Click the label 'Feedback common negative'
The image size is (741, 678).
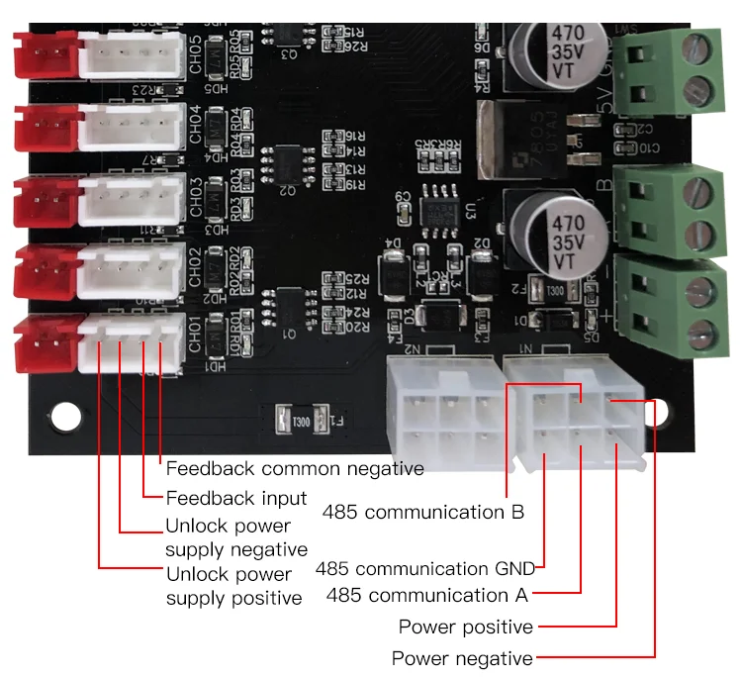pos(294,468)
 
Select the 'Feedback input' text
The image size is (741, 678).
pos(235,497)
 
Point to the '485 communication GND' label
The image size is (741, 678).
pos(424,568)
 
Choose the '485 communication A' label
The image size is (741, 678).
pos(426,595)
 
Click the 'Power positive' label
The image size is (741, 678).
pos(465,627)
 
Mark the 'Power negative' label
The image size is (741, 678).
pos(462,658)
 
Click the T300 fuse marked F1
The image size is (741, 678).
pos(300,422)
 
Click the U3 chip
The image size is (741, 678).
pos(434,208)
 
